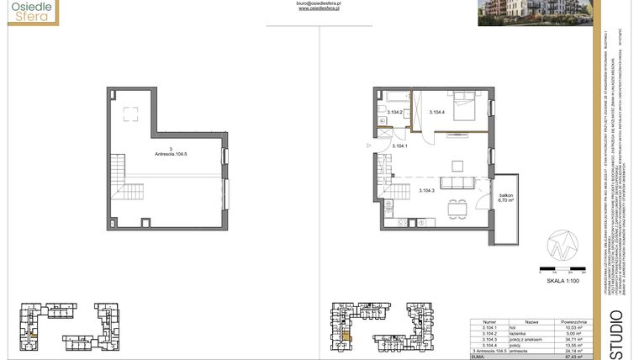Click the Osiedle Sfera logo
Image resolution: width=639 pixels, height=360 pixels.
[x=30, y=12]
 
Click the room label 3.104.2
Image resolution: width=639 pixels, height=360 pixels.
[x=394, y=112]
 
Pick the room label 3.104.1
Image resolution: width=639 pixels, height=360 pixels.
[x=400, y=146]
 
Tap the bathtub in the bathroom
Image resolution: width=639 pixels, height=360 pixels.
[x=393, y=100]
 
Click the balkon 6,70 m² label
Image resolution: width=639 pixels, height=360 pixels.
[x=506, y=199]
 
